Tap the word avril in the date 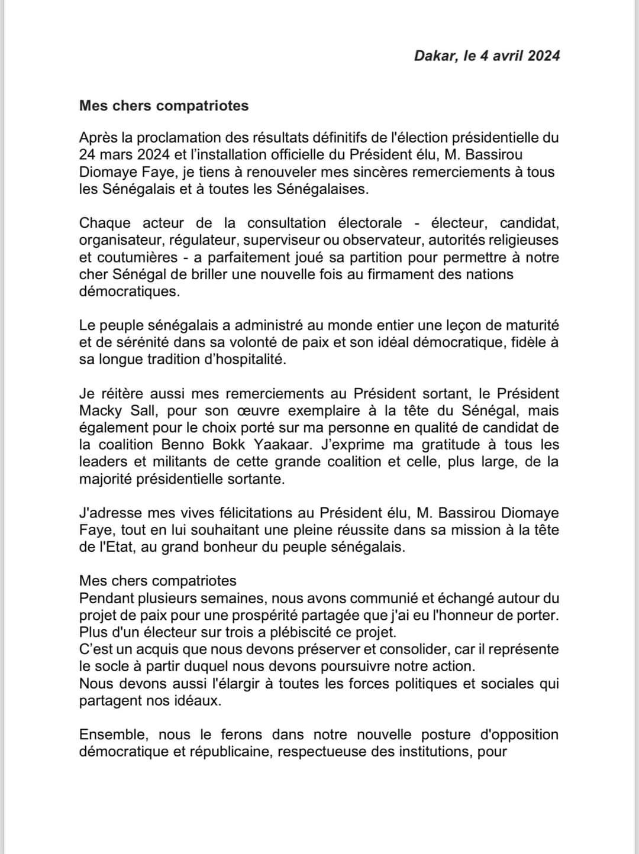(x=506, y=56)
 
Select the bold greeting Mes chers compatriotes (x=164, y=106)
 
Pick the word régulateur (x=203, y=240)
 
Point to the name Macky (x=100, y=410)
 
